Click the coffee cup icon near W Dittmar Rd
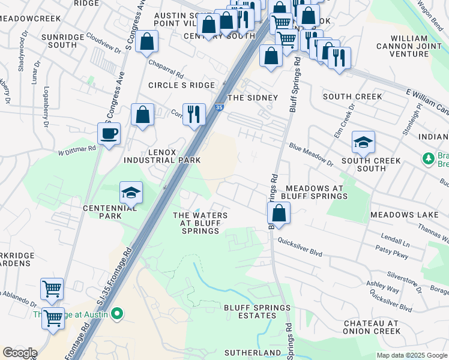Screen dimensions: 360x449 coord(109,134)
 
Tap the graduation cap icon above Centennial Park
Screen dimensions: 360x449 coord(131,193)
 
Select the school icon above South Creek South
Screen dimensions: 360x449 coord(363,142)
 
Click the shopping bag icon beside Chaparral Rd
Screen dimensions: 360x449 coord(146,43)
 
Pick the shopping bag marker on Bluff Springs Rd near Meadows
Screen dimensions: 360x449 coord(279,213)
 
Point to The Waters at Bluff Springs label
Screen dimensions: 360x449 coord(200,223)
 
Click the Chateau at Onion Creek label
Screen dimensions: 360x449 coord(372,327)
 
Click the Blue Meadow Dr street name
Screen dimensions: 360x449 coord(311,154)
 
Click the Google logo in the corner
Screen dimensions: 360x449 coord(20,353)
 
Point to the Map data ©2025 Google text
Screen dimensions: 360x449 coord(412,355)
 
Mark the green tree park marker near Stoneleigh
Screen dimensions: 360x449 coord(428,158)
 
